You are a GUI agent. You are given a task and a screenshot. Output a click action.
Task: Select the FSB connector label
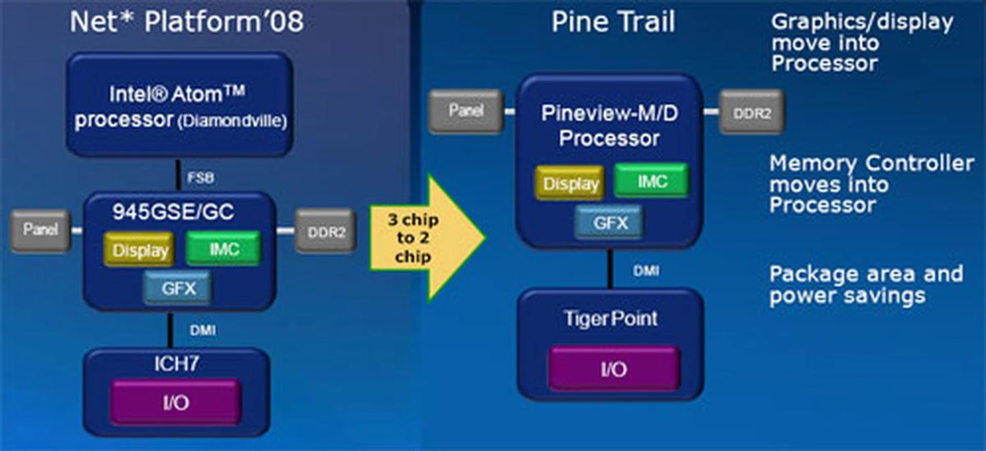200,178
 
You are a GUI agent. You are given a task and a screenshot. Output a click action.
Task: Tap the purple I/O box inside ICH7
176,403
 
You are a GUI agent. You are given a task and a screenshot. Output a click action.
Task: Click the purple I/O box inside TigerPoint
614,369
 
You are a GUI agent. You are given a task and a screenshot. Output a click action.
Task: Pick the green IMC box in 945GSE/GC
223,249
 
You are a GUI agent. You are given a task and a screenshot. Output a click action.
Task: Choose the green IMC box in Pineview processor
651,181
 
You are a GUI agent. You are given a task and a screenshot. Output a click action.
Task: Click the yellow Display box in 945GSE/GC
140,250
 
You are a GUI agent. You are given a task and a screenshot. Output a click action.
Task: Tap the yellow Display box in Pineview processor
571,183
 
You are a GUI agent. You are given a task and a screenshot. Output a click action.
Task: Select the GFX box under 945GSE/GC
178,288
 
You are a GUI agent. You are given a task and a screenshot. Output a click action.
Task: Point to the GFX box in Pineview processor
610,223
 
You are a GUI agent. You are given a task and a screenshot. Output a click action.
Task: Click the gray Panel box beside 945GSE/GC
40,230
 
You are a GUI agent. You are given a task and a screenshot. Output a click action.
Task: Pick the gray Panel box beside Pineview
466,110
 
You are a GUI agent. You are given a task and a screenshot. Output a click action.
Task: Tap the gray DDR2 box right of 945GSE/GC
326,232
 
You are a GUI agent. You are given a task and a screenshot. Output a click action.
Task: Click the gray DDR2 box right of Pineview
752,113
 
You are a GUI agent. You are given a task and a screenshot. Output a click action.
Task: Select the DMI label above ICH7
202,330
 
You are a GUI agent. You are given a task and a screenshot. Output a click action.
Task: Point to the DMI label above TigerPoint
646,271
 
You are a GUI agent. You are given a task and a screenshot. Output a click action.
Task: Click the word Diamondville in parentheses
232,121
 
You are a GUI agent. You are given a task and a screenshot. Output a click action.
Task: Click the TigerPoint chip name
611,318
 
